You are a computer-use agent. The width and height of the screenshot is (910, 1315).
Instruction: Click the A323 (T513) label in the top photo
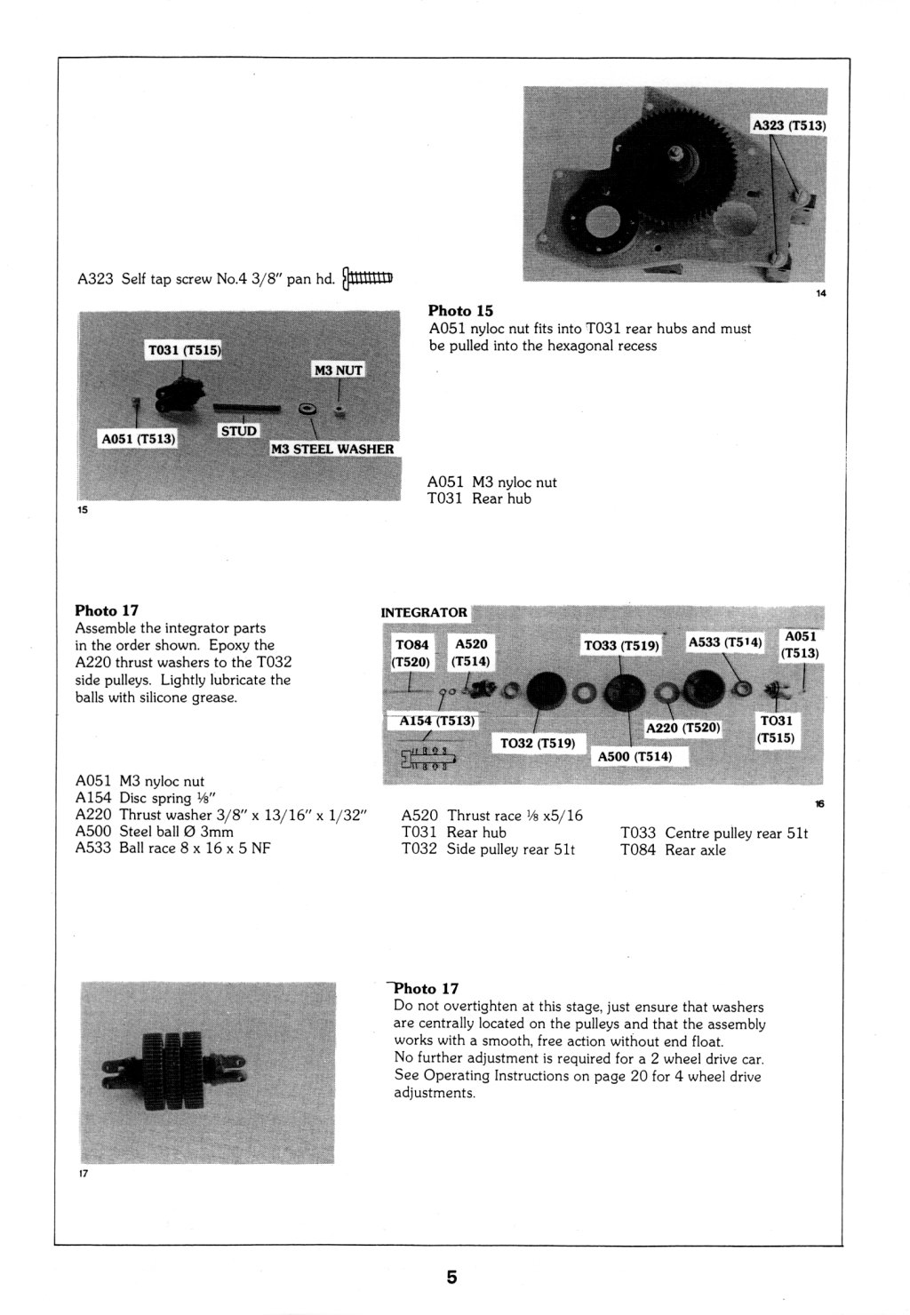(x=789, y=125)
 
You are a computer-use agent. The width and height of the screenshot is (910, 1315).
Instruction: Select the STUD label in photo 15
(x=238, y=431)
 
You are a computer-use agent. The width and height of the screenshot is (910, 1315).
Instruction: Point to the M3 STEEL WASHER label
(x=332, y=449)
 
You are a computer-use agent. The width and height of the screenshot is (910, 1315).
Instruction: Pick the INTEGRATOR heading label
(x=424, y=612)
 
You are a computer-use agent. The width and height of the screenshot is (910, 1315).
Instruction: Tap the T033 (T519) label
(x=620, y=646)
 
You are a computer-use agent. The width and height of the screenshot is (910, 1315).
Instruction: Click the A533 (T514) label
(x=725, y=642)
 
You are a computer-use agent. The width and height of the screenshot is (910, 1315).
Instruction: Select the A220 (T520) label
(x=682, y=729)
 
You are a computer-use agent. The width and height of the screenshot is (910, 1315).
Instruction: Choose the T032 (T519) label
(x=539, y=742)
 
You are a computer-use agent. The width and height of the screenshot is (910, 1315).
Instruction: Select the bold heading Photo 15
(x=460, y=311)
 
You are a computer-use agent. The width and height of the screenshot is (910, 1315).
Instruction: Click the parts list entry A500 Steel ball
(x=156, y=832)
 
